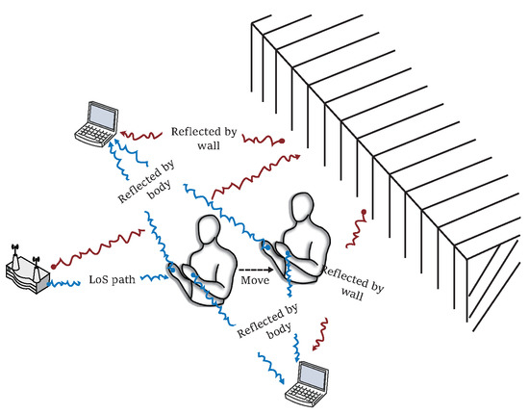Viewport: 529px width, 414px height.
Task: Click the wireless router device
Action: tap(26, 272)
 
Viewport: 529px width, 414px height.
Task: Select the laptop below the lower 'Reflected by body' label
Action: tap(308, 381)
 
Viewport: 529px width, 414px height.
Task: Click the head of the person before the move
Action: tap(214, 233)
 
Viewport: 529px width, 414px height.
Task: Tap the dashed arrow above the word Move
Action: tap(254, 268)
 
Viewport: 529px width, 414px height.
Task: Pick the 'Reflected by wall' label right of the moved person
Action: tap(352, 283)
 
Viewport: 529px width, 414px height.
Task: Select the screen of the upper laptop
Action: tap(99, 116)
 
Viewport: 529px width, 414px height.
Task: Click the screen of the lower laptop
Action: tap(314, 375)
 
